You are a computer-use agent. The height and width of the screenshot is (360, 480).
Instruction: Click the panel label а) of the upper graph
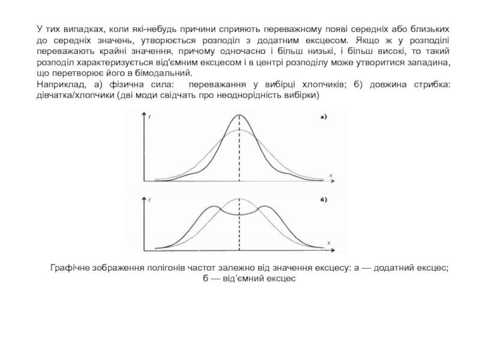[323, 117]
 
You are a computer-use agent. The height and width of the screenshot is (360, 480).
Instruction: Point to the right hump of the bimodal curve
[264, 207]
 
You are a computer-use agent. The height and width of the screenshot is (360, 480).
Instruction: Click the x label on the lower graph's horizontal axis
[330, 241]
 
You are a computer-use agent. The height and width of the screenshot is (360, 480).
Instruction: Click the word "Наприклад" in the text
[58, 85]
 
